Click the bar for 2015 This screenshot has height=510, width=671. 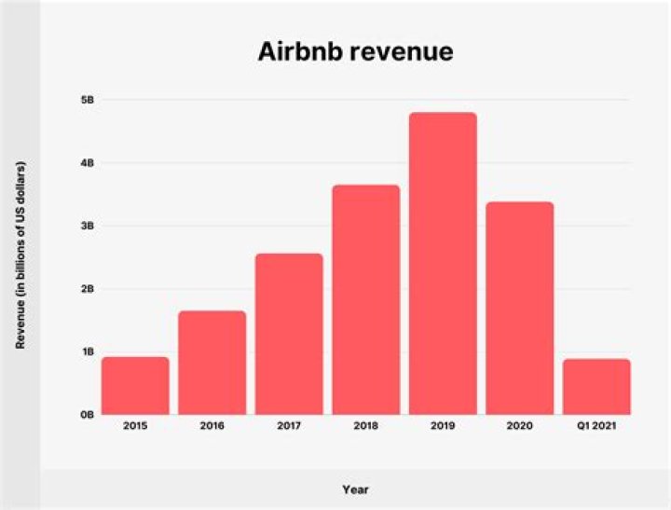pos(135,385)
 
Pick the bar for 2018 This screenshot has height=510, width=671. pos(365,299)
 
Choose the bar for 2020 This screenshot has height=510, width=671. pos(519,308)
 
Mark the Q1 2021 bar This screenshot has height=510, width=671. pos(596,386)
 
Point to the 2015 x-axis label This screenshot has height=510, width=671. pos(135,426)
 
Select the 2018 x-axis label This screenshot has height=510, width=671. pos(365,426)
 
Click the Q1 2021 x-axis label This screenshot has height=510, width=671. pos(596,426)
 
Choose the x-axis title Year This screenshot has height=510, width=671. pos(355,488)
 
